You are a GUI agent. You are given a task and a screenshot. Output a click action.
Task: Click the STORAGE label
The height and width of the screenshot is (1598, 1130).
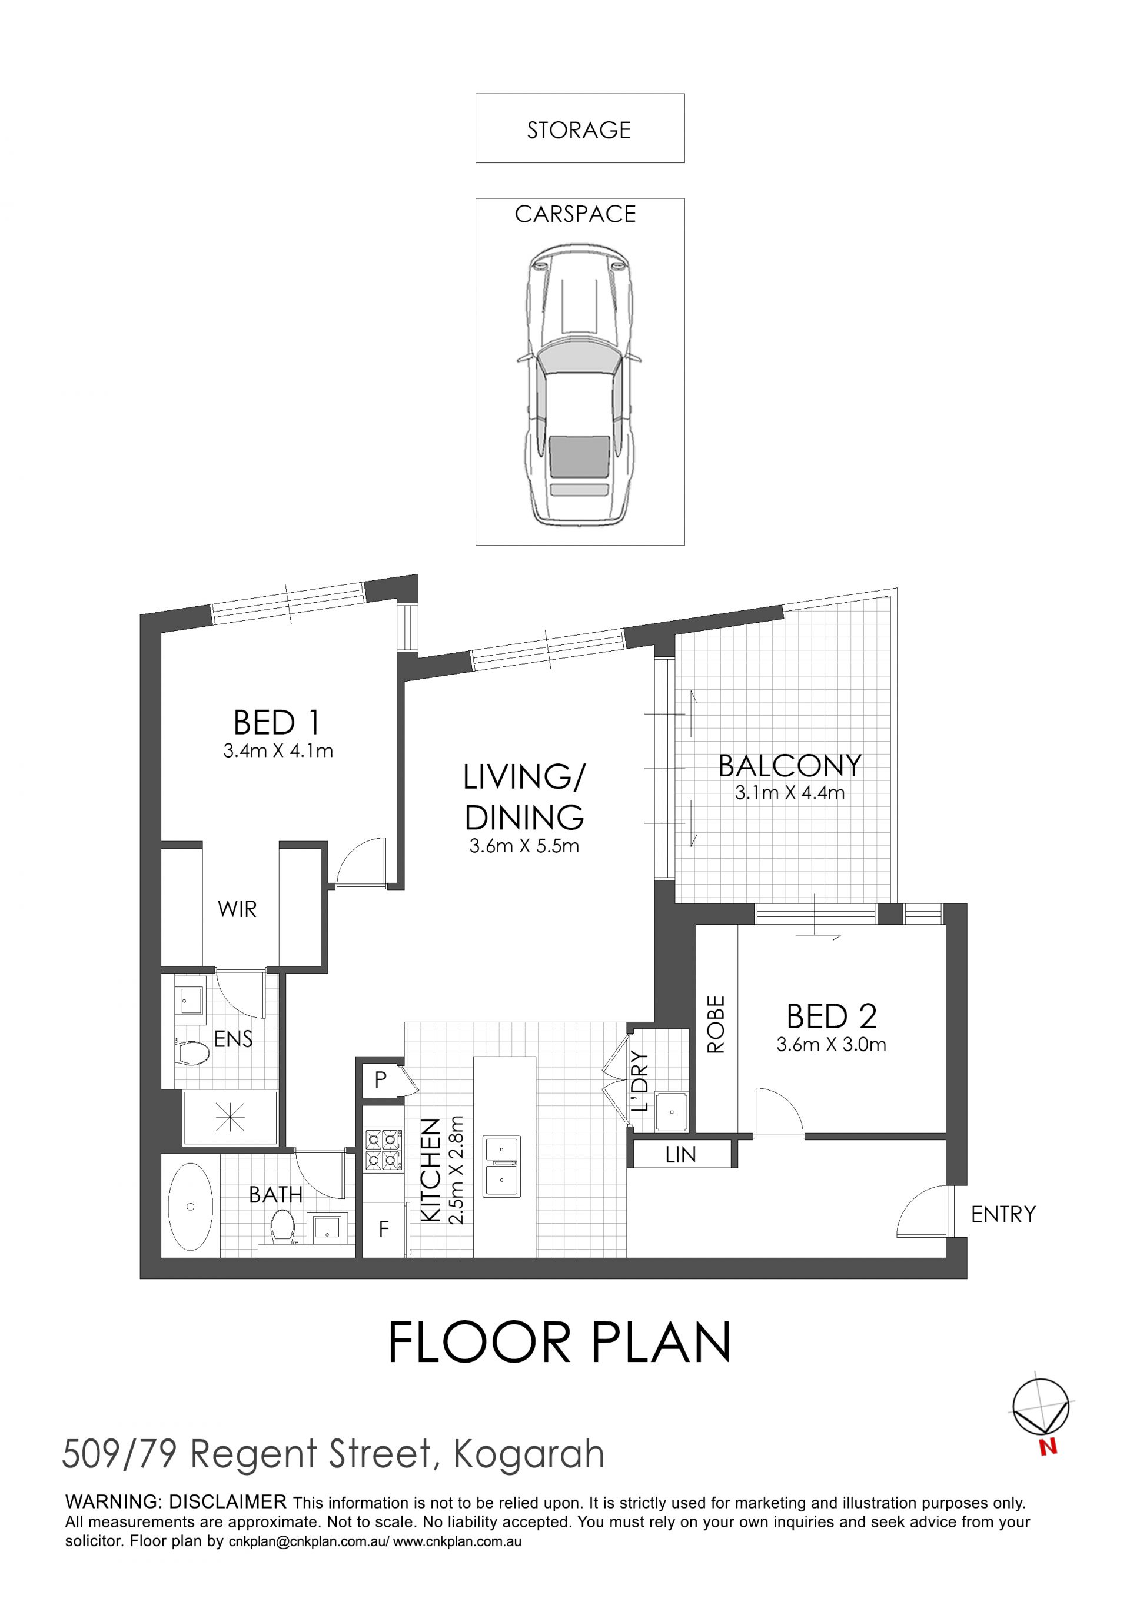pos(579,130)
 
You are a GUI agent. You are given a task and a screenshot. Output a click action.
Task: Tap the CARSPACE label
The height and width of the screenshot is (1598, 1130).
pos(576,214)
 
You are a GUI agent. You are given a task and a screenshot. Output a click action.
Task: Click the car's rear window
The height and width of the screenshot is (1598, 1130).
pos(580,457)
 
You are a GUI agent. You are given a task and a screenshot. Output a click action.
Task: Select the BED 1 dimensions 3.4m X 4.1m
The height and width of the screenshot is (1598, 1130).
pos(278,751)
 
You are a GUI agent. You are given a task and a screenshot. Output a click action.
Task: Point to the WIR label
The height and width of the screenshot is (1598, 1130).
pos(237,909)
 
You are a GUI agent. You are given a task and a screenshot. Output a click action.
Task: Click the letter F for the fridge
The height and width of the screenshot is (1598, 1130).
pos(383,1230)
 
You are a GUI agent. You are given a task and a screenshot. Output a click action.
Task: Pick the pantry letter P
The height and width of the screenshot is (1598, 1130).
pos(381,1079)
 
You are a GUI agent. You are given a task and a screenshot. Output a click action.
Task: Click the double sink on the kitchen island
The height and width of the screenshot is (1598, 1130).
pos(503,1167)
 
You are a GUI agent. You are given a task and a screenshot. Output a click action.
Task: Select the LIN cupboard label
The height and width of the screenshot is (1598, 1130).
pos(680,1155)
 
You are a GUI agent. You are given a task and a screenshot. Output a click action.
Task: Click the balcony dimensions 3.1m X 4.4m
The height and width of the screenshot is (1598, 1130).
pos(790,792)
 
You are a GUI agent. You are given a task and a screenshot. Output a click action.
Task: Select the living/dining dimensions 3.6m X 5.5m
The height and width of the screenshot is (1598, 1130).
pos(524,846)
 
